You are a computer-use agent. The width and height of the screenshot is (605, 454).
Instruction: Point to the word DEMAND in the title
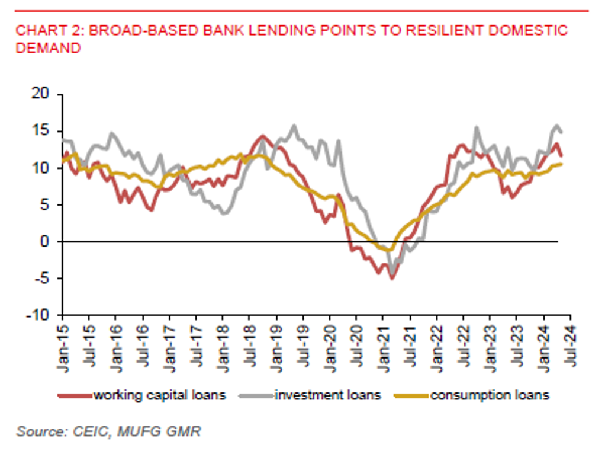48,49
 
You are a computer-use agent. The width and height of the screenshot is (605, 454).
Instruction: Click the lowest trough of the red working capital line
391,277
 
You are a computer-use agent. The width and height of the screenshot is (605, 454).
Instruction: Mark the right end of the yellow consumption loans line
560,164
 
